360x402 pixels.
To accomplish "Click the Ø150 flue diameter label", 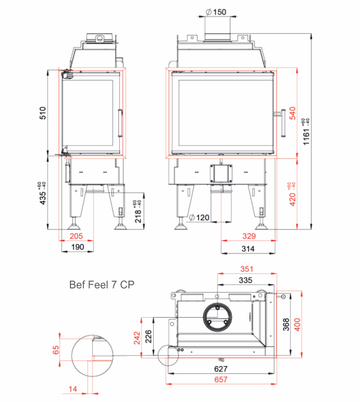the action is point(216,12).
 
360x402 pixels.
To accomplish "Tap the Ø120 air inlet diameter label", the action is point(199,217).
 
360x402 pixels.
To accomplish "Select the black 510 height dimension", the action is point(43,113).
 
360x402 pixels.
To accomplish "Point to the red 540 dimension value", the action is point(293,113).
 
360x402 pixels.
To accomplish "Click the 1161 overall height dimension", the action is point(306,132).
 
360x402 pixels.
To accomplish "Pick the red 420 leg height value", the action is point(292,194).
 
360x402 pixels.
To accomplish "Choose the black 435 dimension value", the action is point(42,193).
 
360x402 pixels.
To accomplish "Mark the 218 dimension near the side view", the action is point(138,211).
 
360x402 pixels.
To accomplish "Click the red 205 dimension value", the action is point(76,236).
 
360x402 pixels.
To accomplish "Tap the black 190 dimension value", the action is point(78,247).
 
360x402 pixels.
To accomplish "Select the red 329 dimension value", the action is point(249,236).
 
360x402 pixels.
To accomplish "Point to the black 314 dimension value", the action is point(248,249).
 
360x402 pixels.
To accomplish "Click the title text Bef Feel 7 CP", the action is point(102,285).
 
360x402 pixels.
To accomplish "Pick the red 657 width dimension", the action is point(221,379).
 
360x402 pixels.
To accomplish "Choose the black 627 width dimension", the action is point(221,369).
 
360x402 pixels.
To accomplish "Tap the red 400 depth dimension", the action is point(297,324).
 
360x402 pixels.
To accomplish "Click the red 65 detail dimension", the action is point(56,350).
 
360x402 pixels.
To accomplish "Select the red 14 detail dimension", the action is point(73,389).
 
